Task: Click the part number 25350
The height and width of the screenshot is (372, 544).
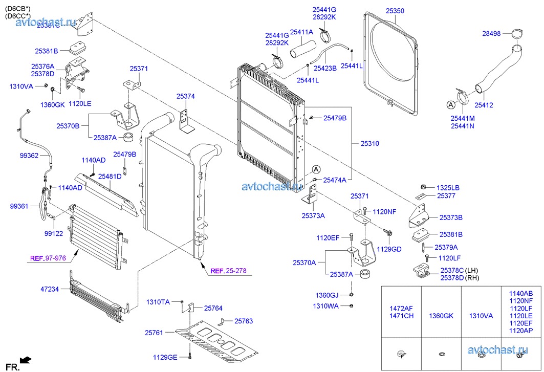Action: point(395,10)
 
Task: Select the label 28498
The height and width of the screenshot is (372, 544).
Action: point(492,34)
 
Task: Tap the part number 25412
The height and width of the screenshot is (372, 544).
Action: point(483,105)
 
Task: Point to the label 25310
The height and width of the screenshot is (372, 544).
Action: point(369,144)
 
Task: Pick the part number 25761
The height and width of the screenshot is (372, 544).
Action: point(154,333)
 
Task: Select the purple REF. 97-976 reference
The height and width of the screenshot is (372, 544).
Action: point(48,258)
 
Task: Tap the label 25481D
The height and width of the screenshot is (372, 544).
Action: point(110,177)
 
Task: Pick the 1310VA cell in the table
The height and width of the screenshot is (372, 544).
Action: point(481,316)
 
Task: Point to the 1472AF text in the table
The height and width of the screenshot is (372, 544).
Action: point(401,309)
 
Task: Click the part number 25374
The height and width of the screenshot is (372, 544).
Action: point(186,96)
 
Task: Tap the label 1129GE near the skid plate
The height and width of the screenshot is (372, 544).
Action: point(165,357)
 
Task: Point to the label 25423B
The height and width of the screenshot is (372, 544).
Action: point(325,68)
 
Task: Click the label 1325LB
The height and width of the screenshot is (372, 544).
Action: point(448,187)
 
